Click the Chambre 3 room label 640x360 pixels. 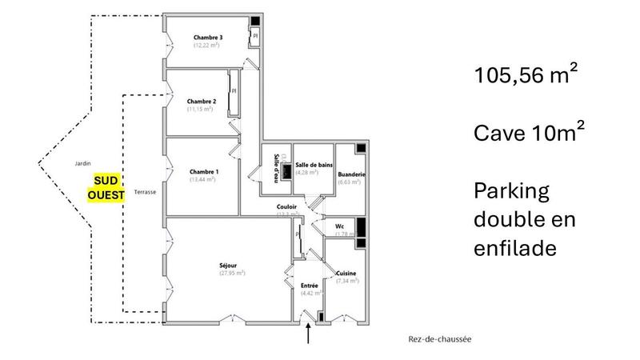(208, 38)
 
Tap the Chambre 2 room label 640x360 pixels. (202, 102)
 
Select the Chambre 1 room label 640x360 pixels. (204, 172)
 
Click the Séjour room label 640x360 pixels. (231, 265)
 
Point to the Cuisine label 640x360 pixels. (346, 274)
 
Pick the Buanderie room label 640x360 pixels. (352, 174)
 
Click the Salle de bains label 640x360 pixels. (313, 165)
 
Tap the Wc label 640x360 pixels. (339, 227)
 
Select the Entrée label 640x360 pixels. (310, 286)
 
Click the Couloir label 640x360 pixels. (287, 206)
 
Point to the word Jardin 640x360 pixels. (78, 162)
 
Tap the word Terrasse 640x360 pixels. (145, 192)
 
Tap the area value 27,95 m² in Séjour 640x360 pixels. (231, 273)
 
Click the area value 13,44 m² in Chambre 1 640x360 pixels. (203, 180)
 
